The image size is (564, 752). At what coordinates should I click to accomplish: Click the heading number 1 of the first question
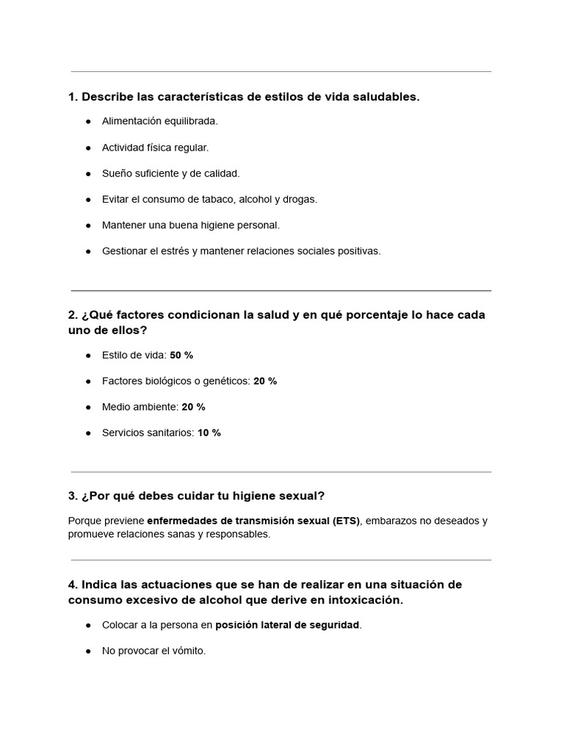72,97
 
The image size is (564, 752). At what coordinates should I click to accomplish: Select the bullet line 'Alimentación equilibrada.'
159,121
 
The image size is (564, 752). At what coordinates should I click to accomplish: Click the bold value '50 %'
181,355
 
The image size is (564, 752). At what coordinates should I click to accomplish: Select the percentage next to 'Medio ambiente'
193,407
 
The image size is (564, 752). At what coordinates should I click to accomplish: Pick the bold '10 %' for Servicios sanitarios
209,433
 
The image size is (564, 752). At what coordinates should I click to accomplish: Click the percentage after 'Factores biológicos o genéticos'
265,381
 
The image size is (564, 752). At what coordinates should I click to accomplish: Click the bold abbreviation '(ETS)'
346,521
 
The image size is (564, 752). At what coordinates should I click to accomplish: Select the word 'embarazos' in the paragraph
388,521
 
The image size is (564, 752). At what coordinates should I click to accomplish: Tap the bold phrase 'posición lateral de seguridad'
287,625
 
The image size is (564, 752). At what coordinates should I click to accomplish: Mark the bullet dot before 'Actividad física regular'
88,148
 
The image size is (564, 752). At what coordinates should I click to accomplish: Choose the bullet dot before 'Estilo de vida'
88,355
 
